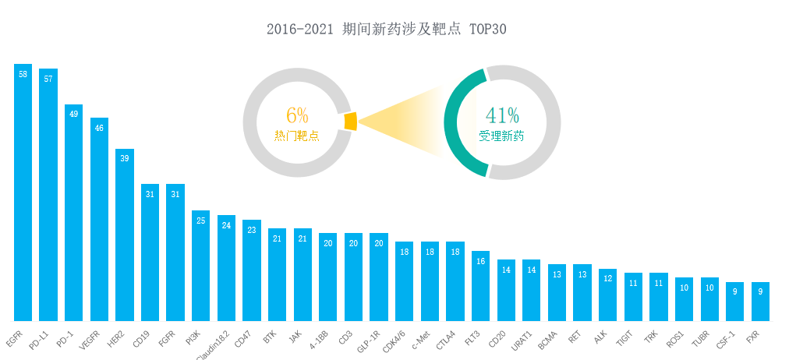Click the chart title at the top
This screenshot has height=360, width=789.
tap(387, 30)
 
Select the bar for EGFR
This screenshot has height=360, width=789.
tap(23, 195)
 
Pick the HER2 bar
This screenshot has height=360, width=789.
tap(125, 234)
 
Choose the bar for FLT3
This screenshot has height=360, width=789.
tap(480, 286)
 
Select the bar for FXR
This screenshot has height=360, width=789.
tap(760, 302)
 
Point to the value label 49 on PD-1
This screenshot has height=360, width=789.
tap(74, 114)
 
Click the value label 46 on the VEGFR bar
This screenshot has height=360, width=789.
tap(99, 128)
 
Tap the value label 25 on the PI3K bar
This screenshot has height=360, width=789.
tap(201, 221)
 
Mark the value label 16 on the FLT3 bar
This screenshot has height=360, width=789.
tap(480, 262)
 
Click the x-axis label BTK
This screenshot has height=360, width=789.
tap(270, 339)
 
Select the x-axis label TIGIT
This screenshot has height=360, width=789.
tap(624, 340)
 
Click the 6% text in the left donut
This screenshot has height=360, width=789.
tap(297, 115)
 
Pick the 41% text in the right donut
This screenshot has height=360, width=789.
tap(502, 115)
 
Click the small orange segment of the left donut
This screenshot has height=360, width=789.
tap(350, 122)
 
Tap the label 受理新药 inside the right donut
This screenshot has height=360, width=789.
tap(501, 136)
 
